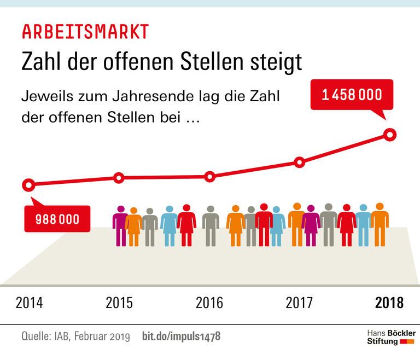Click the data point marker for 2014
29,185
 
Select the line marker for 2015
119,178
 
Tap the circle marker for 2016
209,177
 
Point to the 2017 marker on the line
299,162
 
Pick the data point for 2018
389,134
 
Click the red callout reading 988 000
57,219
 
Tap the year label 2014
29,303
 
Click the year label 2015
119,303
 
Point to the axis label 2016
209,303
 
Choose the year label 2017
299,303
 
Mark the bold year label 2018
389,303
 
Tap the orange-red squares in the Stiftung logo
407,341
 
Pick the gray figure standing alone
211,225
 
